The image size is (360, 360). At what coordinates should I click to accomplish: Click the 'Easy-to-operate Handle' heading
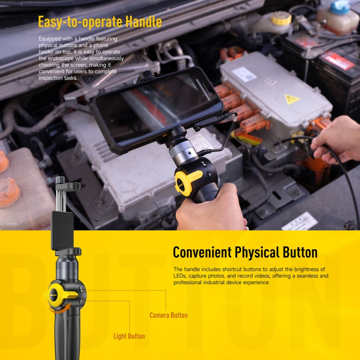(100, 22)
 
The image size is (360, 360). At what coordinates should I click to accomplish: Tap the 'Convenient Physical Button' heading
(245, 252)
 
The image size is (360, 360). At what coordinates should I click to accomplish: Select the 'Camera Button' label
(168, 315)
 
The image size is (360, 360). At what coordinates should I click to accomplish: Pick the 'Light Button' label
(129, 336)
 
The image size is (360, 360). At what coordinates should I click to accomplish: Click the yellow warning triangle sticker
(292, 99)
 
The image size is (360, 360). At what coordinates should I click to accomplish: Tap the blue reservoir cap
(340, 7)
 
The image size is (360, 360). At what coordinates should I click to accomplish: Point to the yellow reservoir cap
(281, 18)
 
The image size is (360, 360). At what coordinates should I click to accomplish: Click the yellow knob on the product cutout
(61, 295)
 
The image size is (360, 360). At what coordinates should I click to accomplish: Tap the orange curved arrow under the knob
(60, 308)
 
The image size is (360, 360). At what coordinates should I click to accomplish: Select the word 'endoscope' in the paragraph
(61, 58)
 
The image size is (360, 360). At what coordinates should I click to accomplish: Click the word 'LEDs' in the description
(180, 276)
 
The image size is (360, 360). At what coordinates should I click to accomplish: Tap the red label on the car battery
(337, 60)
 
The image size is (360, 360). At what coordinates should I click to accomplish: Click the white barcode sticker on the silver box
(244, 74)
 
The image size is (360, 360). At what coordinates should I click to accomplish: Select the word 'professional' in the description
(187, 282)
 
